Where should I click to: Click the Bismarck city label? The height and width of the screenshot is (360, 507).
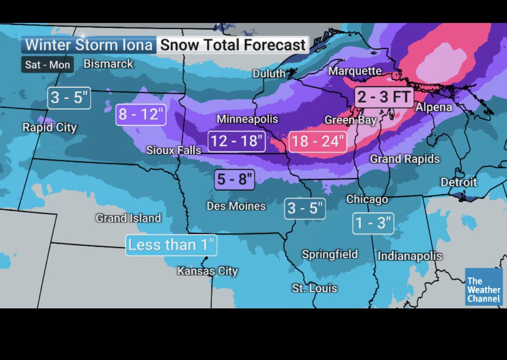pyautogui.click(x=108, y=64)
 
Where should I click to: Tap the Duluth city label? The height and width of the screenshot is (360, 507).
pyautogui.click(x=269, y=74)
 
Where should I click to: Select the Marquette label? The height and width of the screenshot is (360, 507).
pyautogui.click(x=355, y=71)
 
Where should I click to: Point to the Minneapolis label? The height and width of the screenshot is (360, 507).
pyautogui.click(x=247, y=119)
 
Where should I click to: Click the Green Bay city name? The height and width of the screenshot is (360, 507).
pyautogui.click(x=350, y=120)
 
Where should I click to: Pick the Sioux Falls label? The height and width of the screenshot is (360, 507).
pyautogui.click(x=173, y=150)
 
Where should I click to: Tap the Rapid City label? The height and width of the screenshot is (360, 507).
pyautogui.click(x=49, y=128)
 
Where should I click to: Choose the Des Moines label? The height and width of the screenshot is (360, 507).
pyautogui.click(x=236, y=206)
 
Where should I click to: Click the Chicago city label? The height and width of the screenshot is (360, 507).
pyautogui.click(x=367, y=199)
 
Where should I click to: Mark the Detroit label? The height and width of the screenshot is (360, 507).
pyautogui.click(x=458, y=182)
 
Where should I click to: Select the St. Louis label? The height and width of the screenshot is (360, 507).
pyautogui.click(x=314, y=288)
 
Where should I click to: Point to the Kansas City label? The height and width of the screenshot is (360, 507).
pyautogui.click(x=208, y=271)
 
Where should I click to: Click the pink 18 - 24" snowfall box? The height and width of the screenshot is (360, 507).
pyautogui.click(x=318, y=141)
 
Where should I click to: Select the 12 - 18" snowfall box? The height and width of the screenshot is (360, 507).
pyautogui.click(x=236, y=141)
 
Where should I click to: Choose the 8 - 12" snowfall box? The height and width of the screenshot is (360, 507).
pyautogui.click(x=141, y=115)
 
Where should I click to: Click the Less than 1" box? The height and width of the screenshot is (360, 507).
pyautogui.click(x=171, y=245)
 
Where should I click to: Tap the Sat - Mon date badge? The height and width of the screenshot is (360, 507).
pyautogui.click(x=47, y=65)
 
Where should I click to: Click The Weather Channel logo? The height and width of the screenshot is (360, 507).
pyautogui.click(x=484, y=287)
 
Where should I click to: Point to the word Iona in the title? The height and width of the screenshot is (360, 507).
pyautogui.click(x=137, y=45)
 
